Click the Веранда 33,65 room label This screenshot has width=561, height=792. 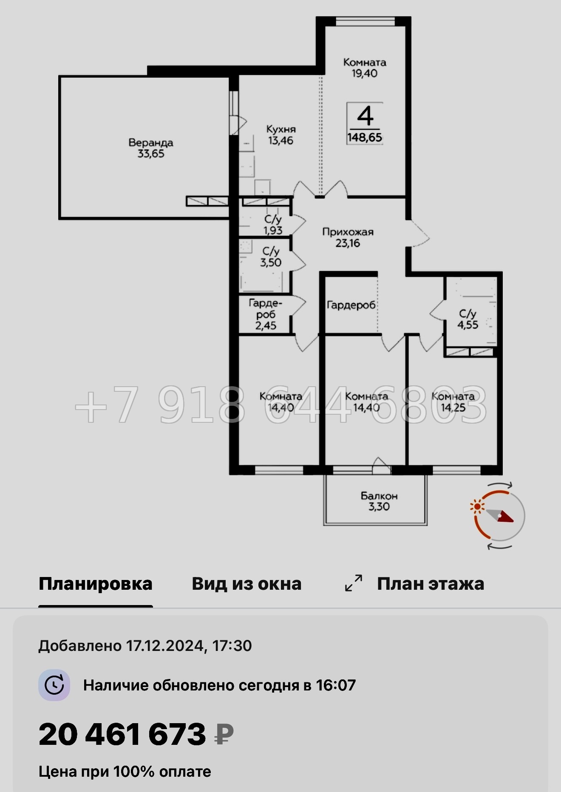click(151, 148)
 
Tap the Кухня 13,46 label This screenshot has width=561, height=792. click(280, 135)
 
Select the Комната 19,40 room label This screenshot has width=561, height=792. click(365, 68)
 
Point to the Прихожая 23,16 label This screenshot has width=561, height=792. click(348, 238)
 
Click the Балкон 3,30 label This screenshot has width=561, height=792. click(379, 501)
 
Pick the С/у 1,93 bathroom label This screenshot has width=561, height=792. click(272, 225)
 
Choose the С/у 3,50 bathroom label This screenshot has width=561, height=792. click(271, 257)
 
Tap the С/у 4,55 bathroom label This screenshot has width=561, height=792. click(467, 319)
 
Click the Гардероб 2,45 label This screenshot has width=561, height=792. click(266, 314)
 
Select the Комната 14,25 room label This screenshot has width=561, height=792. click(453, 402)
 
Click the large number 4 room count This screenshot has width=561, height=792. click(365, 116)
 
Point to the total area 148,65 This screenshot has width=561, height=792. click(365, 137)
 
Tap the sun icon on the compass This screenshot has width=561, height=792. click(478, 506)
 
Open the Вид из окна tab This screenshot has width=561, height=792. click(246, 584)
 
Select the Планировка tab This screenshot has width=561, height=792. click(95, 584)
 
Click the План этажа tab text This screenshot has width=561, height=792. click(431, 584)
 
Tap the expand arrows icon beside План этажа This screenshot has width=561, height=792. click(354, 583)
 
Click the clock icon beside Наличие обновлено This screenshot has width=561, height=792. click(54, 685)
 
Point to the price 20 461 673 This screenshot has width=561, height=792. click(122, 734)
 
